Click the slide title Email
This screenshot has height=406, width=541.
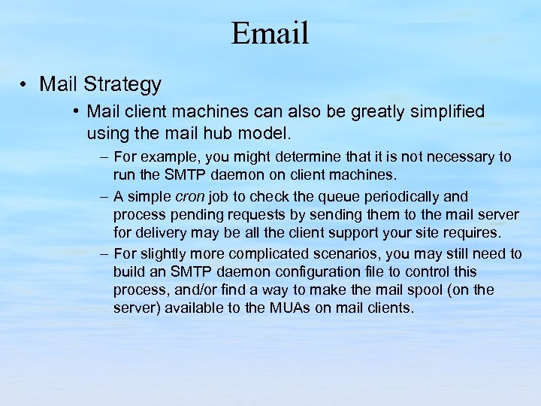click(270, 33)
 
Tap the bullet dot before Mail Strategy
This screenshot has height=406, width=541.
click(26, 84)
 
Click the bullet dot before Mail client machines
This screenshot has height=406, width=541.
click(77, 112)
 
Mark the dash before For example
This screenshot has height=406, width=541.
click(104, 157)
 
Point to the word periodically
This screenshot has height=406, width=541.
click(413, 198)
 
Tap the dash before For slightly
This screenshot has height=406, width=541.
click(104, 254)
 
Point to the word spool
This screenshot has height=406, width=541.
click(425, 289)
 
